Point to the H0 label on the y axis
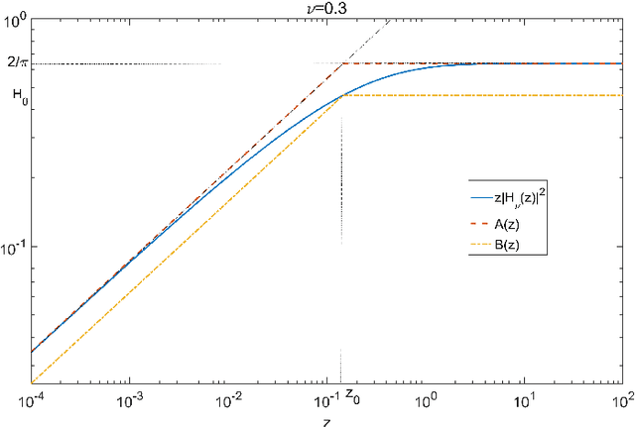click(x=18, y=96)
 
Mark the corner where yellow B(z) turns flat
click(x=341, y=95)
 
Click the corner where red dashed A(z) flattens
click(x=342, y=63)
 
